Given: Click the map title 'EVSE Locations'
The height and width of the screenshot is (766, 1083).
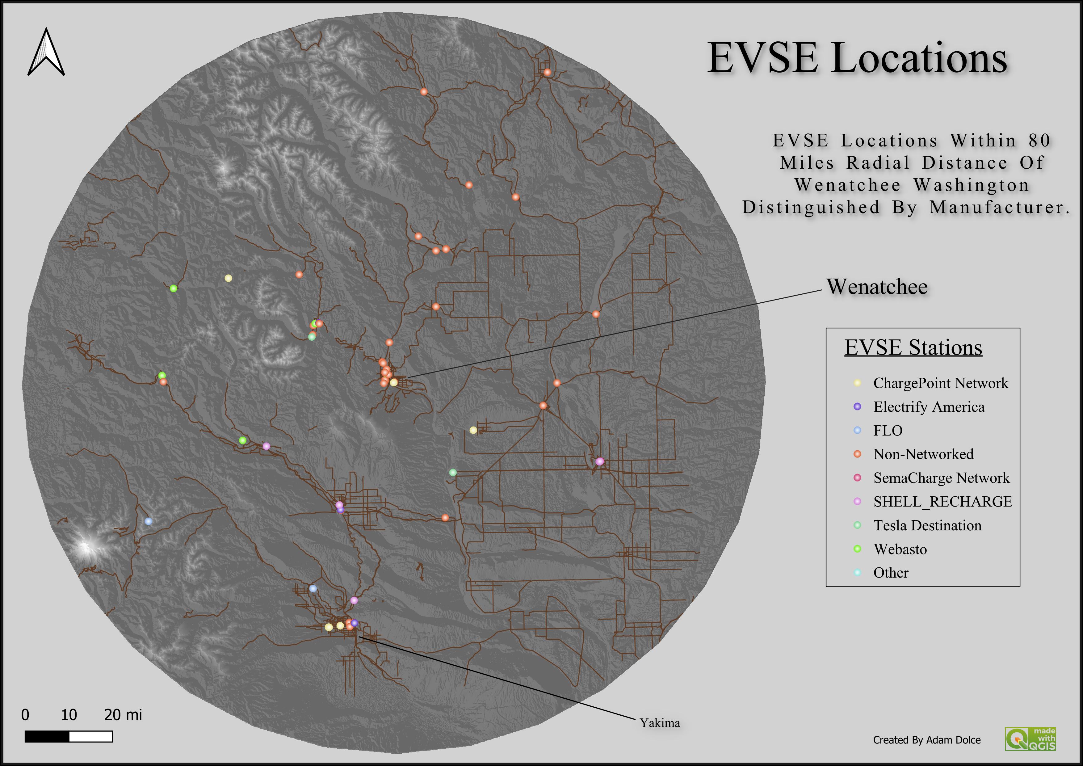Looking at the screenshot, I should click(857, 58).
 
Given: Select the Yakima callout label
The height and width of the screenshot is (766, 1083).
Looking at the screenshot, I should click(659, 723).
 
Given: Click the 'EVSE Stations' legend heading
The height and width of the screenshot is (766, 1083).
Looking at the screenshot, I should click(913, 347).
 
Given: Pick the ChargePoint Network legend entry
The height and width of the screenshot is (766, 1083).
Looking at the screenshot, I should click(940, 383).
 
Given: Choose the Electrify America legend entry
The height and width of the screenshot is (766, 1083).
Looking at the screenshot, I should click(928, 406).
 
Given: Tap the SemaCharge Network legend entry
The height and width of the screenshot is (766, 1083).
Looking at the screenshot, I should click(941, 478).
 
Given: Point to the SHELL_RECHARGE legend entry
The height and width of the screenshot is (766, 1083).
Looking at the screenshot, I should click(942, 501).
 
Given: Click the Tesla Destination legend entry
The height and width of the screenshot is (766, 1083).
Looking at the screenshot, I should click(927, 525).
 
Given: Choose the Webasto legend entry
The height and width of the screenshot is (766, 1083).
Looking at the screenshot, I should click(900, 549).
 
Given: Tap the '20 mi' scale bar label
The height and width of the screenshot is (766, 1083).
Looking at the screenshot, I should click(123, 715).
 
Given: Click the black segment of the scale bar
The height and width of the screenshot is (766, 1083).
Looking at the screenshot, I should click(47, 736).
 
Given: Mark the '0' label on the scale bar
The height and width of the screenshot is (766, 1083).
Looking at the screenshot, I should click(25, 715).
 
